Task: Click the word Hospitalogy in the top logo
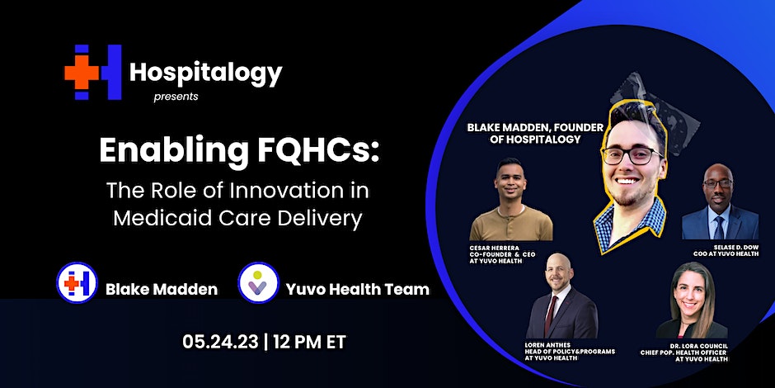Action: tap(205, 73)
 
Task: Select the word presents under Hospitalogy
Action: tap(176, 97)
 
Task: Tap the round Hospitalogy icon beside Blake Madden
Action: tap(77, 282)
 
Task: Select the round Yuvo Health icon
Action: tap(258, 282)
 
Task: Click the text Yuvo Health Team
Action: tap(357, 289)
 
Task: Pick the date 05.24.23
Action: tap(220, 342)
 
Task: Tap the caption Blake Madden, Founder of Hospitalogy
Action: tap(535, 133)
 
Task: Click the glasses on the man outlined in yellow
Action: tap(632, 155)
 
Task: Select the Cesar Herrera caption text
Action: tap(502, 253)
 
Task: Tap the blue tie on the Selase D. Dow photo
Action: tap(719, 227)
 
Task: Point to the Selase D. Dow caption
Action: tap(726, 250)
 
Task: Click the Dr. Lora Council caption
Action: tap(684, 352)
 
